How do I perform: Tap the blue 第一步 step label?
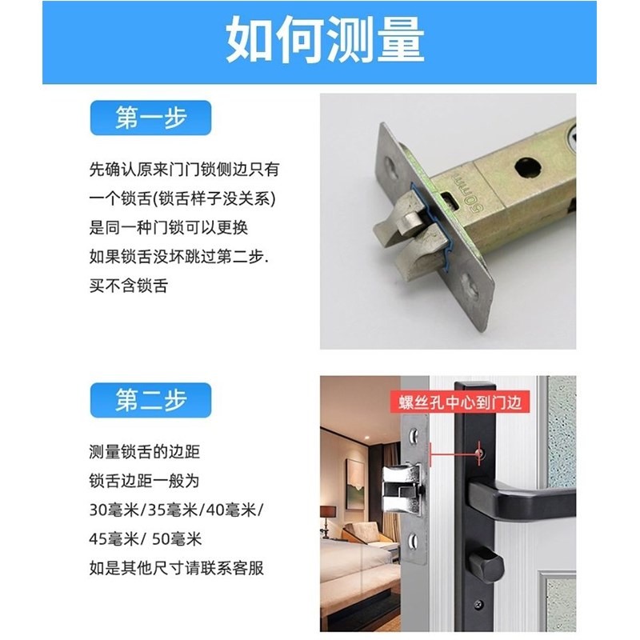[x=150, y=118]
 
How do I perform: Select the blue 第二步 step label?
[x=150, y=401]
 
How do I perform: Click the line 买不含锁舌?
[x=128, y=286]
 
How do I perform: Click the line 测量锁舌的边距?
[x=144, y=453]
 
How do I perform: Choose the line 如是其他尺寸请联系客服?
[x=176, y=569]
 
